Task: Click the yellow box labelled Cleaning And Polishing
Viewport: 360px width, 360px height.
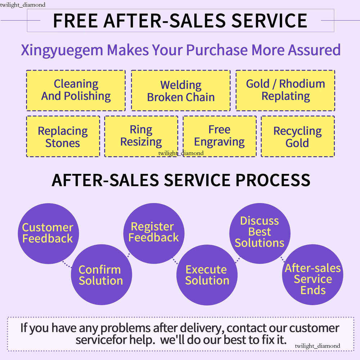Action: click(x=76, y=90)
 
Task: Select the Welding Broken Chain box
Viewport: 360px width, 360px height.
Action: click(x=180, y=90)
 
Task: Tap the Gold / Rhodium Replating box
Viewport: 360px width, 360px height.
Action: click(x=285, y=90)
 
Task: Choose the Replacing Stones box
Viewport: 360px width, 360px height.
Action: click(x=63, y=136)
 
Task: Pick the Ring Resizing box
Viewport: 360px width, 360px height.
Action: click(x=141, y=136)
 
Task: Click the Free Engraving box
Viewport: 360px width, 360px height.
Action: click(x=220, y=136)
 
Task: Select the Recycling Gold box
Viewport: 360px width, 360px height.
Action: click(x=298, y=136)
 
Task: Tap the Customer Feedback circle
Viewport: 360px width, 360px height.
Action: click(x=48, y=233)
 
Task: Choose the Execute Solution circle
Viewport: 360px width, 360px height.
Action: click(x=207, y=275)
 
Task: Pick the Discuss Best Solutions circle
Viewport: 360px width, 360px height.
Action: click(x=260, y=232)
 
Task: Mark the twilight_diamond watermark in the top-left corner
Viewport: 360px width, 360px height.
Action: click(x=23, y=5)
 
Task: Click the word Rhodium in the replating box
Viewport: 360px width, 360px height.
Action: click(x=302, y=84)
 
